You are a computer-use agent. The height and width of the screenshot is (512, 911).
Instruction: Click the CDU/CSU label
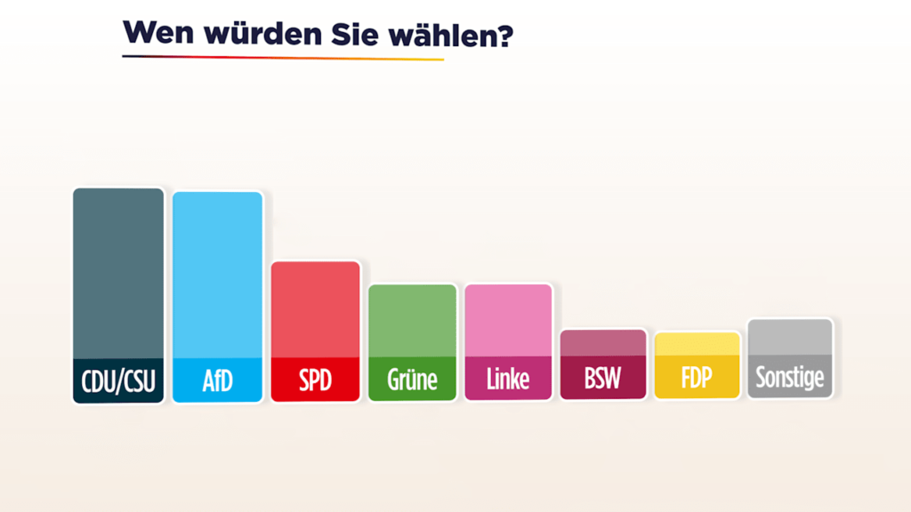[118, 381]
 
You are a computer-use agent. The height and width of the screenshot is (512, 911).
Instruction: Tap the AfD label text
[217, 381]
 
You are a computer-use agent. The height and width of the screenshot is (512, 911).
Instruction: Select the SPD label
[315, 380]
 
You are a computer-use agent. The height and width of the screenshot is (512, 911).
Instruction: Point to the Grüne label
[412, 380]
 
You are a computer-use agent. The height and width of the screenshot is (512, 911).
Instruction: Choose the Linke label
[508, 380]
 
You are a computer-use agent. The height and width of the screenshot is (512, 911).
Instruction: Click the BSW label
[603, 379]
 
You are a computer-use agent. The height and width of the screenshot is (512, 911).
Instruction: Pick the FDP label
[697, 378]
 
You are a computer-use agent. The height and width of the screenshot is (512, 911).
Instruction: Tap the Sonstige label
[790, 378]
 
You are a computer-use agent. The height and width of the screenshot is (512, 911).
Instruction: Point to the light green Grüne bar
[412, 320]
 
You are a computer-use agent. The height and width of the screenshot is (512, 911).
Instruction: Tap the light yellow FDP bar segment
[697, 344]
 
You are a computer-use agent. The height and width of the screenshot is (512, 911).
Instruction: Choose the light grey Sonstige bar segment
[790, 337]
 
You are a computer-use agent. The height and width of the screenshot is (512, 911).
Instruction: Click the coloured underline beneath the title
[283, 58]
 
